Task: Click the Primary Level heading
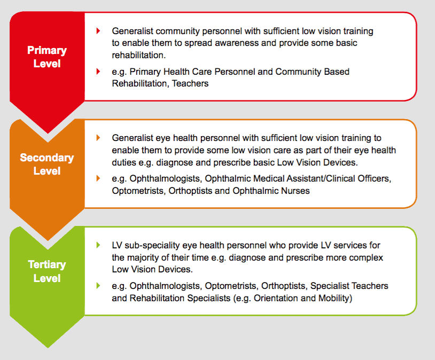[47, 57]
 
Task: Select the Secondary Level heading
[47, 165]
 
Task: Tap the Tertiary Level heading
[47, 271]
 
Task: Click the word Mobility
[332, 298]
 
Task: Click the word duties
[126, 163]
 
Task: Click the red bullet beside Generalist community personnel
[98, 31]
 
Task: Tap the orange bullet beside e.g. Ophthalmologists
[98, 178]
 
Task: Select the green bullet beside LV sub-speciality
[98, 245]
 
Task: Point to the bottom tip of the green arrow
[47, 347]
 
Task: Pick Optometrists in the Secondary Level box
[137, 191]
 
